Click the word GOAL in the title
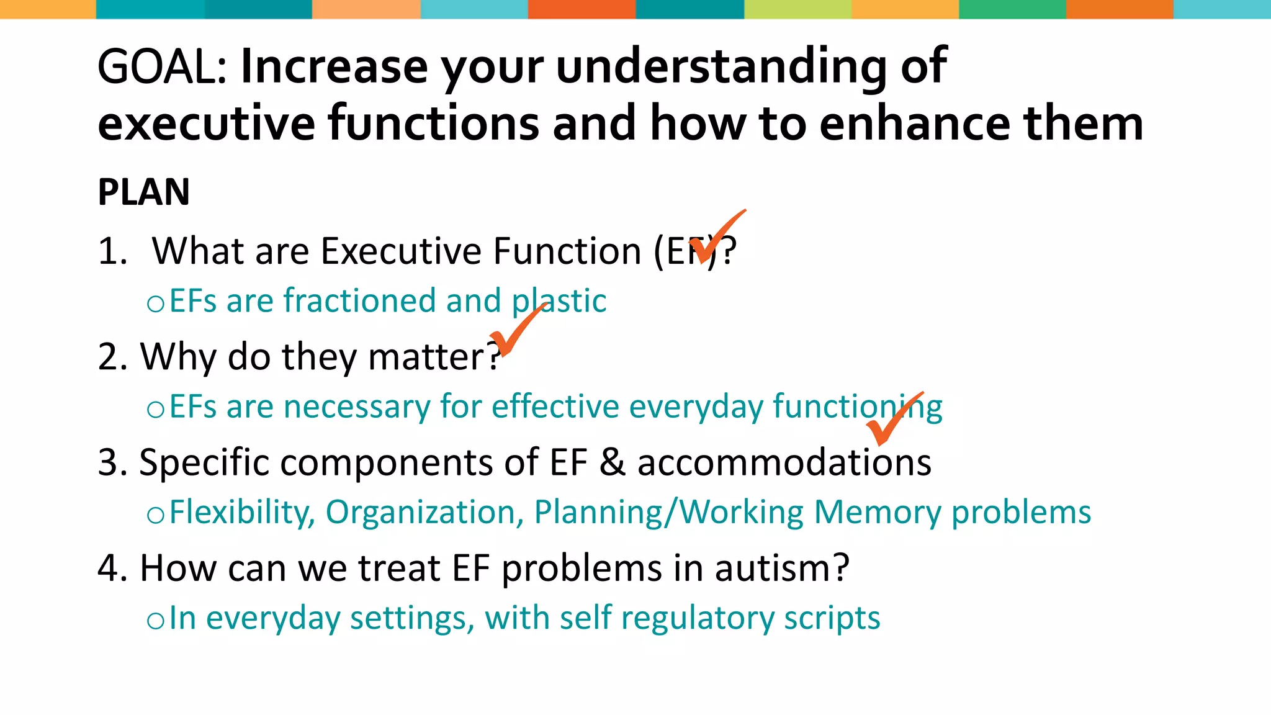coord(163,67)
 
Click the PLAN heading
coord(143,192)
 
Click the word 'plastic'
coord(559,301)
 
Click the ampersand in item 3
coord(612,462)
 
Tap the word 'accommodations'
coord(784,463)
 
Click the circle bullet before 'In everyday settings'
coord(155,621)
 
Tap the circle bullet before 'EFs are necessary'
coord(155,409)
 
